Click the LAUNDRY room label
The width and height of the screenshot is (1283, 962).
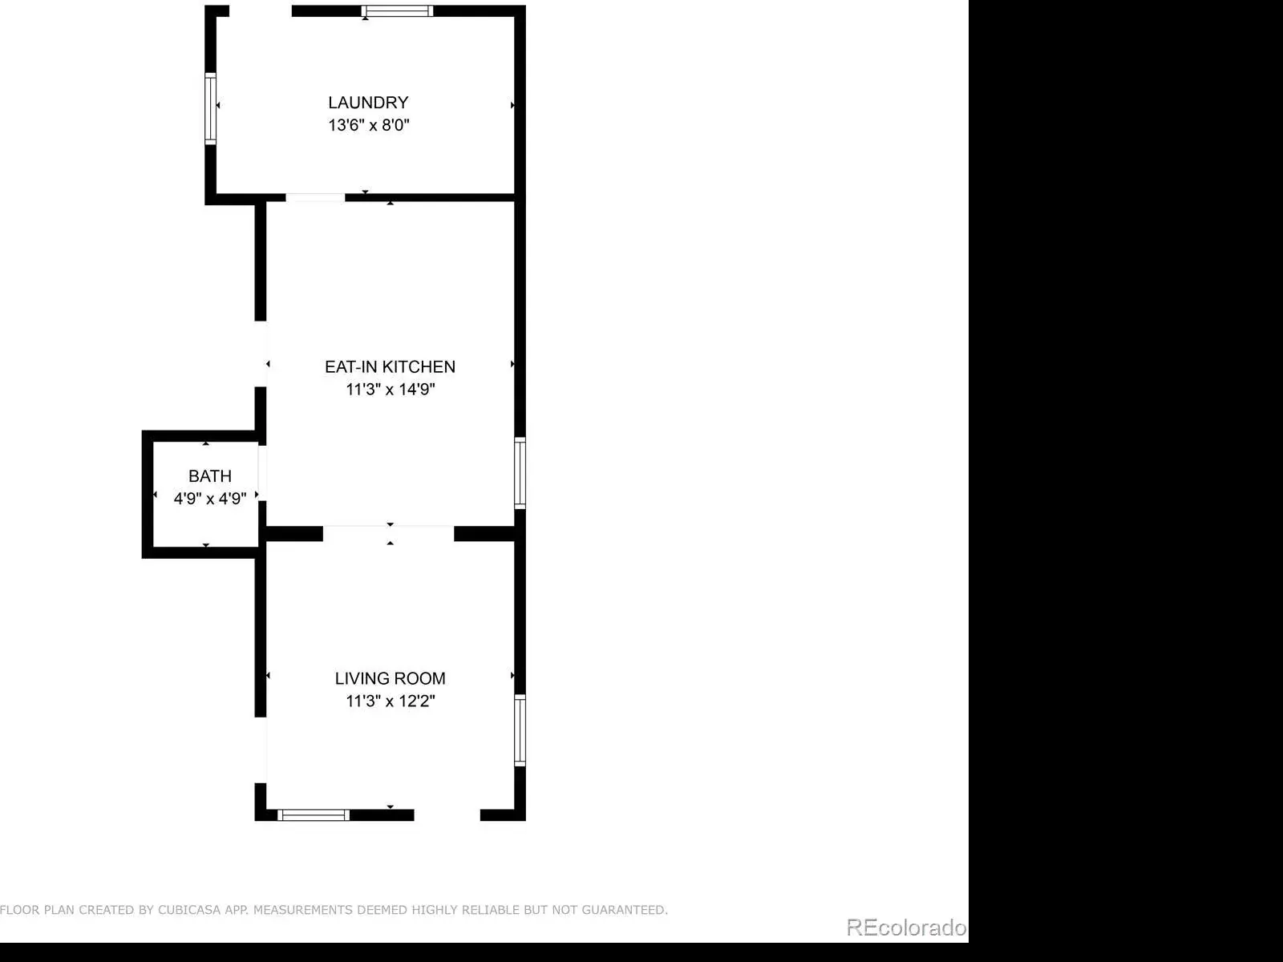[368, 103]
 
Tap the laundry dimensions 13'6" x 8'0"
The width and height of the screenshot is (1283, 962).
[369, 125]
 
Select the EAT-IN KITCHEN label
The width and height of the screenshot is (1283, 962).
[390, 367]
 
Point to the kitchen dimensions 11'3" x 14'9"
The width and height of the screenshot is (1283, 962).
[391, 389]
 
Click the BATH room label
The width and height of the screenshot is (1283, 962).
[210, 476]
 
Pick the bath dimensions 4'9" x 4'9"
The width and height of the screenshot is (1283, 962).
[210, 498]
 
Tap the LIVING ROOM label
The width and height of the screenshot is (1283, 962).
[390, 678]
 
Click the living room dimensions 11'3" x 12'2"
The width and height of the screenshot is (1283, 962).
[391, 701]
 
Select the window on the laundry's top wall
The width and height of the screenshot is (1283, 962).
[398, 11]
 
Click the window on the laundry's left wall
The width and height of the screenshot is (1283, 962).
[210, 109]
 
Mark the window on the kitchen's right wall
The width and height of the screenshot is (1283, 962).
[520, 473]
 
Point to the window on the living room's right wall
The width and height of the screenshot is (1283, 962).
[520, 730]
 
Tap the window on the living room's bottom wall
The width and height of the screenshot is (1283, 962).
[314, 814]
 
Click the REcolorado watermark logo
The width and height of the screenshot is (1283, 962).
[907, 927]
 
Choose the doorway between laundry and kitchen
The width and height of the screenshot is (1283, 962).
[315, 197]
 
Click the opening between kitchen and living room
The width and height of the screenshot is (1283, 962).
[389, 533]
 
